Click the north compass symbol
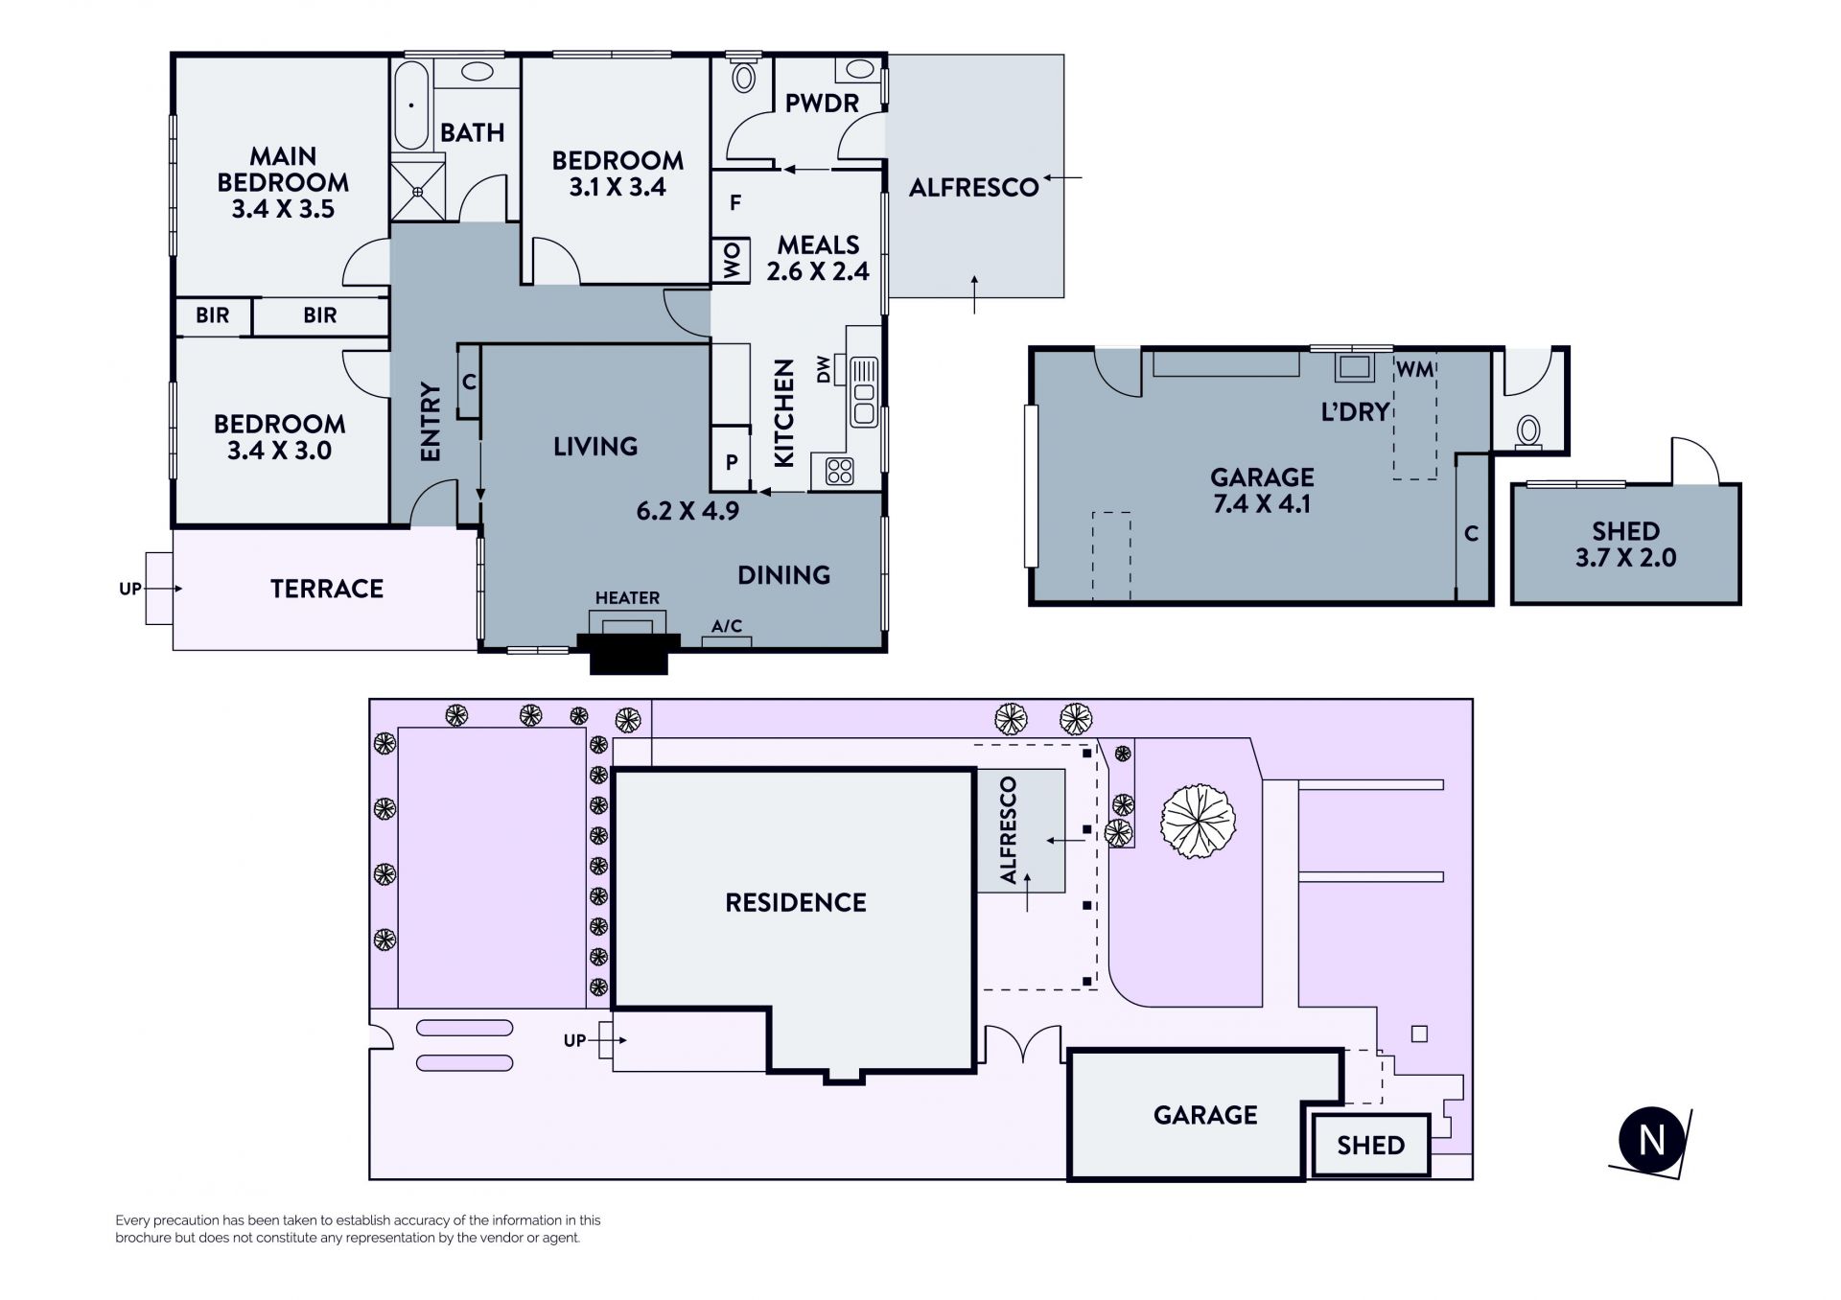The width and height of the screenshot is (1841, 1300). point(1651,1141)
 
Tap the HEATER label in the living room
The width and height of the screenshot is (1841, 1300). point(627,598)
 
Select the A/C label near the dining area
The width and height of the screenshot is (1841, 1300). point(727,627)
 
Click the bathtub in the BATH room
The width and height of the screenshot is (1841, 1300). point(411,104)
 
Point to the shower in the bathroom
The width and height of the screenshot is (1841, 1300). point(419,192)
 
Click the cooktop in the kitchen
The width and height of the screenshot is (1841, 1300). point(840,471)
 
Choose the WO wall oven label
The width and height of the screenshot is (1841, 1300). point(732,260)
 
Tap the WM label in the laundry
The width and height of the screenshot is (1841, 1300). point(1414,369)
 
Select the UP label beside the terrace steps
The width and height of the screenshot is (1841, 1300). point(129,589)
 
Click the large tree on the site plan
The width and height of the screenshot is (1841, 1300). point(1198,821)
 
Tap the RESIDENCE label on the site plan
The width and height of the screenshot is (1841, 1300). point(796,902)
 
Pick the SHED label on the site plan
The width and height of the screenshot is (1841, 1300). point(1371,1145)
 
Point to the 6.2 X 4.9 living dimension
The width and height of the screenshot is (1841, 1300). point(687,511)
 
